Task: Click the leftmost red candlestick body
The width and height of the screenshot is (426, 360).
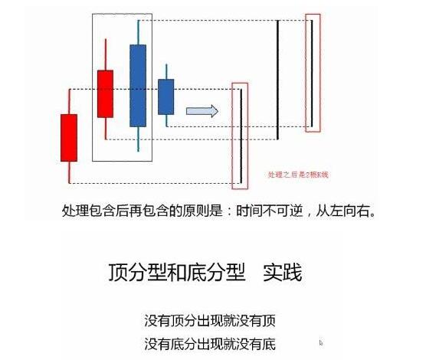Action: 69,137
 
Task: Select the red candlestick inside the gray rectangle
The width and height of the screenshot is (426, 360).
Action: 105,93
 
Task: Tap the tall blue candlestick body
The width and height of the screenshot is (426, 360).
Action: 138,85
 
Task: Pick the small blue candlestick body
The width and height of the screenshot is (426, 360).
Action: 165,97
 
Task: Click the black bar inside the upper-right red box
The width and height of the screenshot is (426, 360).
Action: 312,72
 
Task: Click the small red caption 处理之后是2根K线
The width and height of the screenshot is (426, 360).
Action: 298,175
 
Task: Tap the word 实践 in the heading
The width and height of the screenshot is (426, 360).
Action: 281,272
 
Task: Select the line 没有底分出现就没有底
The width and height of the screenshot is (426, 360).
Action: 209,342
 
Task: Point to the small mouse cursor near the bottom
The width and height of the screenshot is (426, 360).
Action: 320,343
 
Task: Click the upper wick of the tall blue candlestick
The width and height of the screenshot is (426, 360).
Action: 138,32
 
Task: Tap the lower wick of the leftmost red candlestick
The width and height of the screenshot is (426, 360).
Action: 69,172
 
